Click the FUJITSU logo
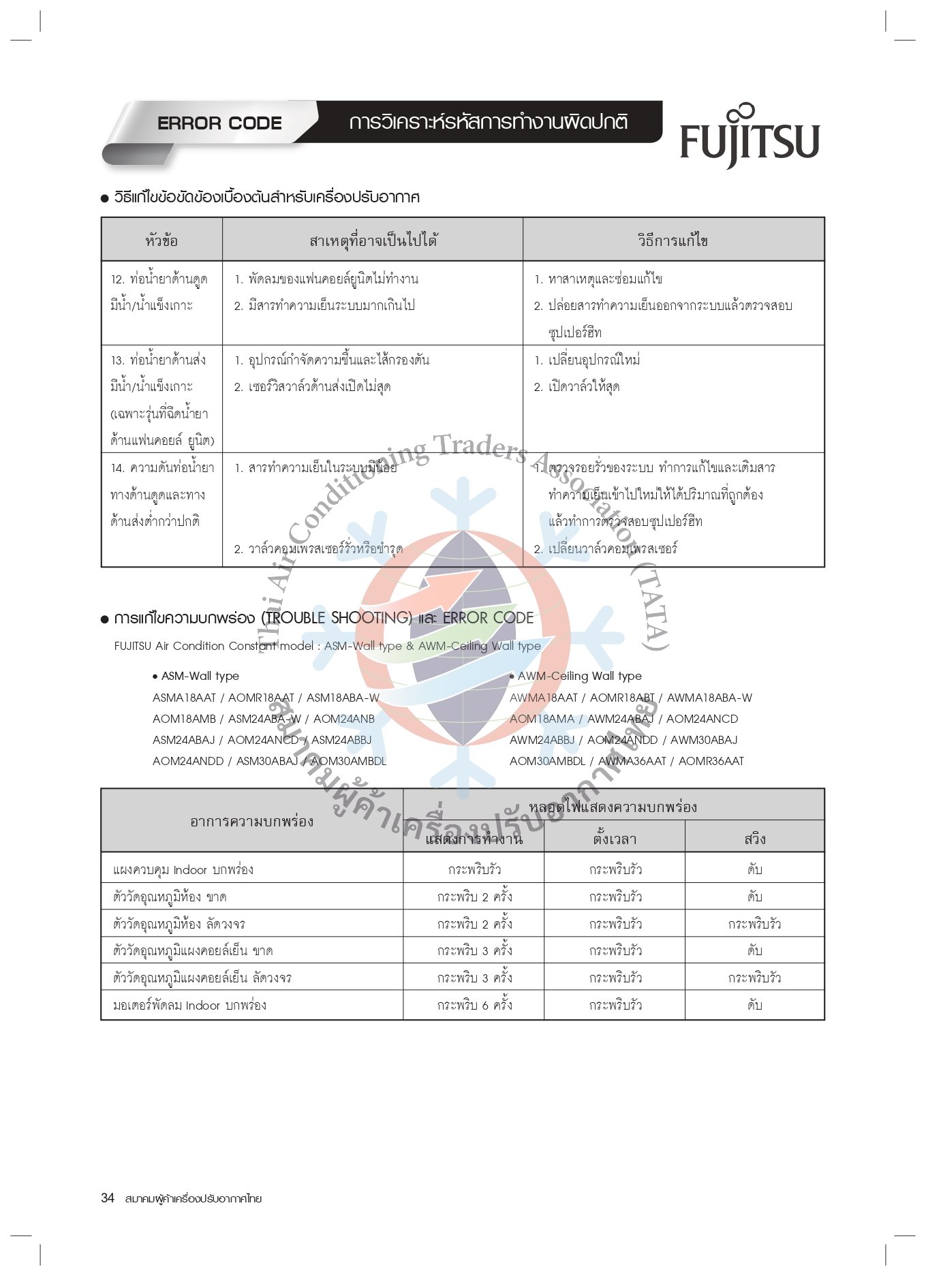[750, 140]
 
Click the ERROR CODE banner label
[219, 123]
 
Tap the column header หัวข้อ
[161, 240]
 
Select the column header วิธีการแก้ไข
[673, 240]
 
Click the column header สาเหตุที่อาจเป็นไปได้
[373, 240]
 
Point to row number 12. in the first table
[118, 279]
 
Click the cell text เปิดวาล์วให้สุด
[583, 387]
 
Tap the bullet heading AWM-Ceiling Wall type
[579, 676]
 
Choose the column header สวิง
[754, 839]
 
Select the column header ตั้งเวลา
[614, 839]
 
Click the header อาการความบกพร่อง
[251, 822]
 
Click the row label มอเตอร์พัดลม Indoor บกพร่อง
[189, 1006]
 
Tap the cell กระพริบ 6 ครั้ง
[474, 1006]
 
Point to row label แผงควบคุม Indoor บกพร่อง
[183, 870]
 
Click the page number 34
[108, 1198]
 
